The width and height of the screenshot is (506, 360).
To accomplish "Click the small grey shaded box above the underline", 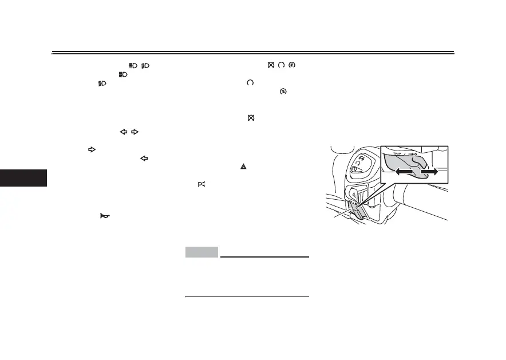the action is pos(201,252).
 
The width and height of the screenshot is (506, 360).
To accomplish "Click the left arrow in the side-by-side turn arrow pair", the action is pos(122,132).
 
